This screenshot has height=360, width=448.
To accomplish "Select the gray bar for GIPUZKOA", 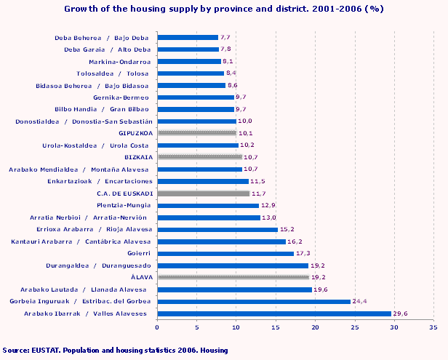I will click(197, 133).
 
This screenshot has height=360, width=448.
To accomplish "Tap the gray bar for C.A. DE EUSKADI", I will click(204, 193).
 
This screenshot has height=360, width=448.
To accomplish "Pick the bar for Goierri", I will click(225, 253).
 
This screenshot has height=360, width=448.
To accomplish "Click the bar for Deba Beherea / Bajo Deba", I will click(188, 37).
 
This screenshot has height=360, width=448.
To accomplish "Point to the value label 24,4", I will click(361, 301).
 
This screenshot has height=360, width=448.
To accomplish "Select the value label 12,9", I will click(269, 205).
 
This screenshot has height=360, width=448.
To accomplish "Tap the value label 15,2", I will click(287, 229).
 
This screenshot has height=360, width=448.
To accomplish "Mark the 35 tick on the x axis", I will click(433, 328).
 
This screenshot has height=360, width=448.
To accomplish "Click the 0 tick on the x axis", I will click(158, 328).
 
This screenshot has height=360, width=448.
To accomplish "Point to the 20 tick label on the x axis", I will click(315, 328).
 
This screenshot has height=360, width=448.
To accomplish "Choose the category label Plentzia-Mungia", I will click(126, 205).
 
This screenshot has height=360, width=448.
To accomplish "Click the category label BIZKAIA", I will click(138, 157).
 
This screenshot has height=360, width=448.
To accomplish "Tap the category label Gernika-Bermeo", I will click(122, 97).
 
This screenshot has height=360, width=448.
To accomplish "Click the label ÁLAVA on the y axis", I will click(141, 277).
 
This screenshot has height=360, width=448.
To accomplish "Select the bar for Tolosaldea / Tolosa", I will click(191, 73).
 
